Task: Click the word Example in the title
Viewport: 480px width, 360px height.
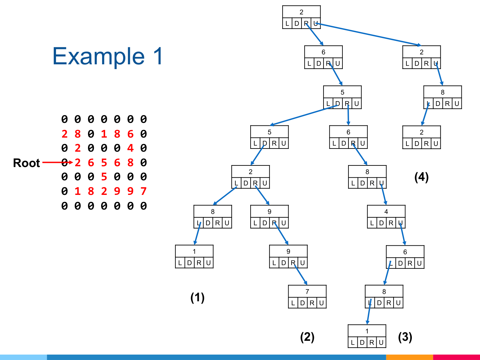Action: click(x=99, y=57)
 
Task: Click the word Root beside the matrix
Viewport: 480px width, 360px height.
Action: click(x=27, y=163)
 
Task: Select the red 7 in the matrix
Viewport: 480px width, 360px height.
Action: click(x=143, y=191)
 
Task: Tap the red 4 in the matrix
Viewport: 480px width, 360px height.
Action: click(x=130, y=148)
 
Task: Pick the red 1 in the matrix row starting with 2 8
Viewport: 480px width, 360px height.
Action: click(x=104, y=134)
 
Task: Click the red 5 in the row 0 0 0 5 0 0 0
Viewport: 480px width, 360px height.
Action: click(x=104, y=177)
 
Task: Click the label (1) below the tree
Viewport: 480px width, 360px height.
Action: click(x=197, y=298)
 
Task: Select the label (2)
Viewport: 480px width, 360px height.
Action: click(x=307, y=337)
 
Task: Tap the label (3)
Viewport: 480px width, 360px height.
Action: click(x=405, y=337)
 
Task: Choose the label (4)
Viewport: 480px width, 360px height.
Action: click(x=421, y=177)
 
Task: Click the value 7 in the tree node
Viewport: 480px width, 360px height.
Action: click(x=307, y=292)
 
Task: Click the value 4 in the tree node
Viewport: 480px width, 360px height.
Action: click(x=386, y=212)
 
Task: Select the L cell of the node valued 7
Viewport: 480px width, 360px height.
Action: click(x=293, y=303)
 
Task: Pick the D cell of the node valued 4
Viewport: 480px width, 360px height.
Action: click(x=381, y=223)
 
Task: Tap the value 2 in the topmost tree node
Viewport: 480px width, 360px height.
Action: click(x=301, y=12)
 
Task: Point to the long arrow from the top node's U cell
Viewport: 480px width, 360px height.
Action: click(x=368, y=34)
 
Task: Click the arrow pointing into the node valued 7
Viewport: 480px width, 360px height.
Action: click(x=301, y=274)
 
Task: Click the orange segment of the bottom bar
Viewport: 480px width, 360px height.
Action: click(x=410, y=357)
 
